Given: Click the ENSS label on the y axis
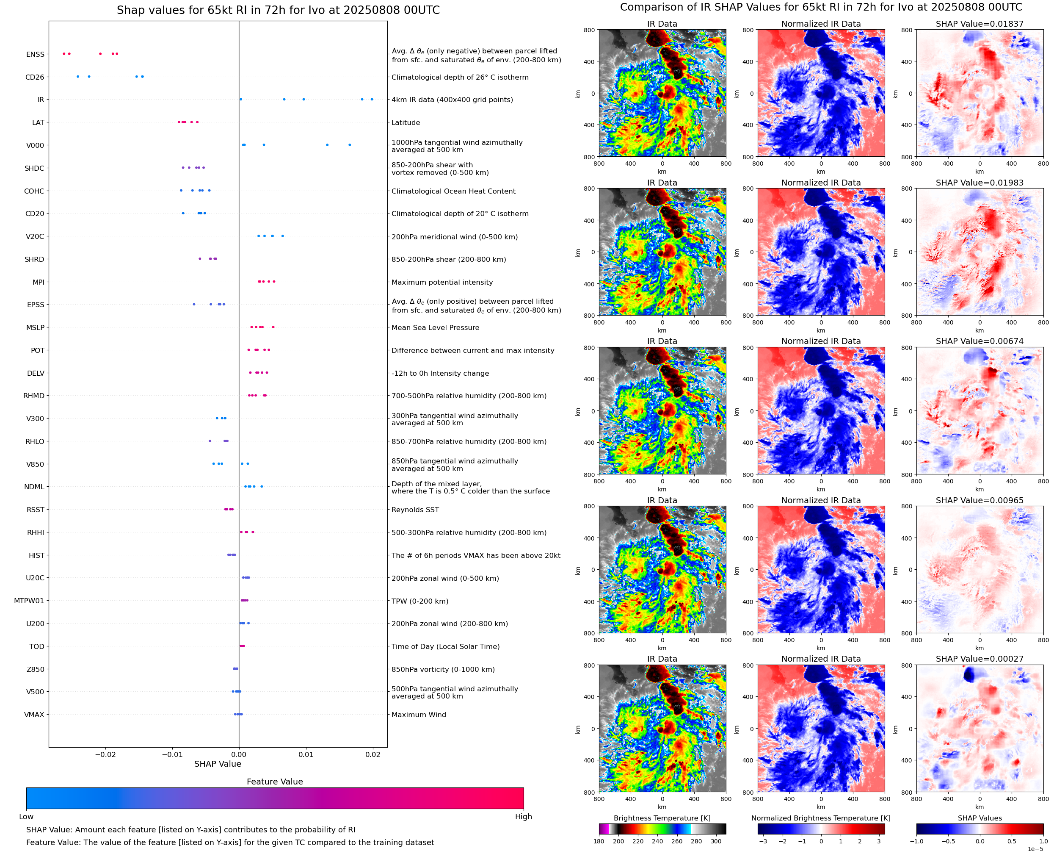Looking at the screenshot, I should click(35, 54).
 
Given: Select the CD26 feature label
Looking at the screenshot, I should click(34, 77).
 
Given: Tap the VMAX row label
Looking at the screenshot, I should click(34, 715).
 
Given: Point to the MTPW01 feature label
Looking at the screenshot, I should click(29, 601).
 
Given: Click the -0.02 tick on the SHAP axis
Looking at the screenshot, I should click(105, 754).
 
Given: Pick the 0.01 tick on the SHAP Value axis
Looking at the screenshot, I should click(306, 754).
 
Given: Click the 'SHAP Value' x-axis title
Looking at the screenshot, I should click(218, 764).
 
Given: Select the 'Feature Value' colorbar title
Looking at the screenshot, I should click(275, 782).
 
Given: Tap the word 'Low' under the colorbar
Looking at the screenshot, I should click(26, 817).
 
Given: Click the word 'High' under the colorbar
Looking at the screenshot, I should click(523, 817).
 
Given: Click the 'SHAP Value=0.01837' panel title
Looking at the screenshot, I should click(980, 24).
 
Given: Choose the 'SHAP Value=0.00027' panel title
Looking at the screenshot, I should click(980, 659).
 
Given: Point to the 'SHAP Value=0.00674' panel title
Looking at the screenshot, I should click(980, 341).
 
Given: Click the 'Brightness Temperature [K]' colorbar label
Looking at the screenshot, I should click(662, 818).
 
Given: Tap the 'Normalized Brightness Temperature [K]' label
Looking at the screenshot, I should click(821, 818).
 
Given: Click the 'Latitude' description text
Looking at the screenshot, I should click(406, 122).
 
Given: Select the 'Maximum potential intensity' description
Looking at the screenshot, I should click(442, 283).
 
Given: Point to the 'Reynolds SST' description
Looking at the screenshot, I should click(415, 510).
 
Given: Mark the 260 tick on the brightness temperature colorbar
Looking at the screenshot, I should click(677, 841).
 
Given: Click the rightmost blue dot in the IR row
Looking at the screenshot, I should click(372, 100).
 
